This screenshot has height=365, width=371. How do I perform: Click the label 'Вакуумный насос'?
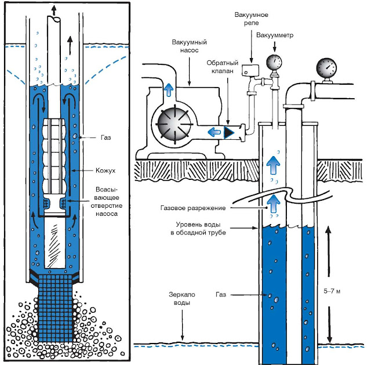[190, 47]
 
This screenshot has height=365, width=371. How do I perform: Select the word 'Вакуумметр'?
[275, 35]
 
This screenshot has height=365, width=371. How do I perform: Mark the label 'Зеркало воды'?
[181, 299]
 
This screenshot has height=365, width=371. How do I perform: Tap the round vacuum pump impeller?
[171, 124]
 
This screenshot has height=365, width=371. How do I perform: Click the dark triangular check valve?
[229, 131]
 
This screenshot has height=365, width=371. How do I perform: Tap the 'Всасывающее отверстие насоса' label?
[106, 200]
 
